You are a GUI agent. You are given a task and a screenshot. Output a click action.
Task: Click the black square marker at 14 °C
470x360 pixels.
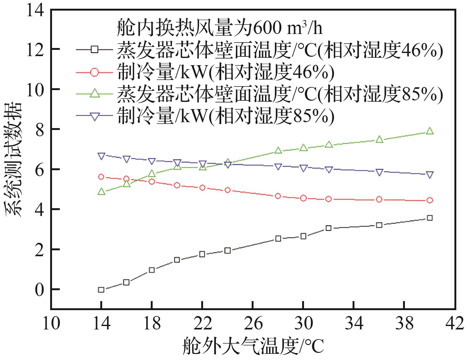[101, 290]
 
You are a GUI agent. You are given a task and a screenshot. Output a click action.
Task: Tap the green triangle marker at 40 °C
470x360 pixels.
[430, 131]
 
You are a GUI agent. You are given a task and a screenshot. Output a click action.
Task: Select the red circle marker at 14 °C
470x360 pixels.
[101, 177]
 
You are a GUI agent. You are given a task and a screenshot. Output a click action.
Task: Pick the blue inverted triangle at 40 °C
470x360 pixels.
[430, 175]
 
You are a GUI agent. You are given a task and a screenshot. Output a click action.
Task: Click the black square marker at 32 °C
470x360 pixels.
[328, 228]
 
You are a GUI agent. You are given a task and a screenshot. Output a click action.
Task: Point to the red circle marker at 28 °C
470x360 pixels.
[278, 196]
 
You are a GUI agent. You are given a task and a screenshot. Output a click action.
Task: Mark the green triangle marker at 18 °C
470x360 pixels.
[152, 174]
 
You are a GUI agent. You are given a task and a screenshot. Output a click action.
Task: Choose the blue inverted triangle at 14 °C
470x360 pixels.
[101, 156]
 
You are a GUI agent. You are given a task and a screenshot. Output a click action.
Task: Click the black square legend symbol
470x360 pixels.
[95, 49]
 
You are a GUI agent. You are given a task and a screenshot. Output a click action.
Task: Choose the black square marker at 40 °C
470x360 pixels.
[430, 218]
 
